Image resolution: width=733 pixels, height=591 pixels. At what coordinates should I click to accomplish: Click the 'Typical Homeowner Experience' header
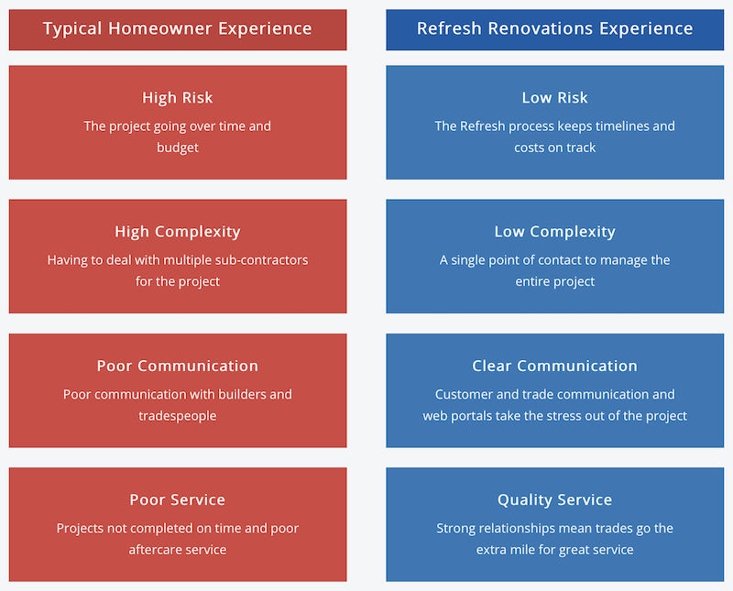click(x=178, y=29)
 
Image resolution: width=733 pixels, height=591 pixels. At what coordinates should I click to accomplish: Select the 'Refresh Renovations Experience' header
click(x=555, y=28)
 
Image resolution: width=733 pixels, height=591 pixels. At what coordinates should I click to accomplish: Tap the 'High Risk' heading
click(x=178, y=98)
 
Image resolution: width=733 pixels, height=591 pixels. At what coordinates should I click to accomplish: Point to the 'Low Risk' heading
click(x=555, y=98)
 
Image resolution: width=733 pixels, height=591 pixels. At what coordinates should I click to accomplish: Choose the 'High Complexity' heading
click(x=178, y=232)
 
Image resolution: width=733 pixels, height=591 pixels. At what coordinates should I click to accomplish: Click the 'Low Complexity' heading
click(x=555, y=232)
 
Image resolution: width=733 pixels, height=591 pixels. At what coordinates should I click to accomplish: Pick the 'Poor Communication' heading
click(x=178, y=366)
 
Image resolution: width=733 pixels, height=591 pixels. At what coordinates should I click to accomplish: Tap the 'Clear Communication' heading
click(x=555, y=366)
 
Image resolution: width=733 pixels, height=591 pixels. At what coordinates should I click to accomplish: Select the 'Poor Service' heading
click(x=178, y=499)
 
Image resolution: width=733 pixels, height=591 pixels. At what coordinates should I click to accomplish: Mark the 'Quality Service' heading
click(x=555, y=499)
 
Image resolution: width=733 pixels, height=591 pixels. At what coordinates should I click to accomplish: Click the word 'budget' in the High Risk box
click(x=178, y=148)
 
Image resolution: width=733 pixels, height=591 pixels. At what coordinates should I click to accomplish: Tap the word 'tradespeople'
click(x=178, y=416)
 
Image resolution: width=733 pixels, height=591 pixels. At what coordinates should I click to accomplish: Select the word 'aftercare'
click(x=153, y=550)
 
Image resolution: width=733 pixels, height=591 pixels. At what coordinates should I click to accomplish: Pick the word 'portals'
click(x=469, y=416)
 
